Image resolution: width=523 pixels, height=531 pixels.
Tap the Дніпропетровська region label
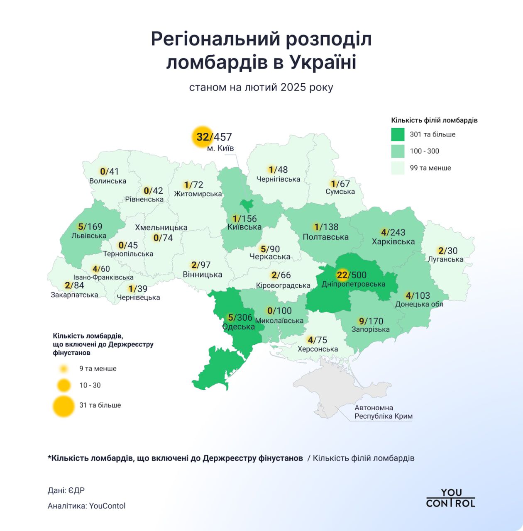tap(353, 284)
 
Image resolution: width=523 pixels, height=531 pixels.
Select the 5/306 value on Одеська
tap(240, 318)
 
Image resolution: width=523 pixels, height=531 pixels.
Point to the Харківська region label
tap(393, 241)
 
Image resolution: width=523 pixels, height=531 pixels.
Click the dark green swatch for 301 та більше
tap(398, 134)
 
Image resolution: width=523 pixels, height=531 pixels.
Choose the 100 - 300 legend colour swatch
tap(398, 151)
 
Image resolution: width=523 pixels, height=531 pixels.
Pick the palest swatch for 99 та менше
tap(398, 168)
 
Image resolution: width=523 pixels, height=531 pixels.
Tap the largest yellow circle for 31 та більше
tap(64, 406)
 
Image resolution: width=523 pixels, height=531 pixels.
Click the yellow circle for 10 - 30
tap(64, 385)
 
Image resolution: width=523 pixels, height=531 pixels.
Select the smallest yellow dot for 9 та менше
tap(64, 369)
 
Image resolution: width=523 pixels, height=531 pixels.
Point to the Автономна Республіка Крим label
tap(383, 412)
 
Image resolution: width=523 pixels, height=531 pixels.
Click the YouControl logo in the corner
tap(450, 498)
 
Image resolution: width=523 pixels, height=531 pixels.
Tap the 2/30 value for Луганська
tap(447, 251)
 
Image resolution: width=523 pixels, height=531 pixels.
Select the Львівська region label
tap(89, 236)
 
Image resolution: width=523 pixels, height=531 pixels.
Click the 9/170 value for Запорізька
tap(371, 321)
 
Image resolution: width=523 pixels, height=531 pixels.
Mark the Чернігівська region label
tap(278, 179)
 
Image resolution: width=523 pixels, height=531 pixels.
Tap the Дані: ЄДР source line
tap(66, 491)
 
